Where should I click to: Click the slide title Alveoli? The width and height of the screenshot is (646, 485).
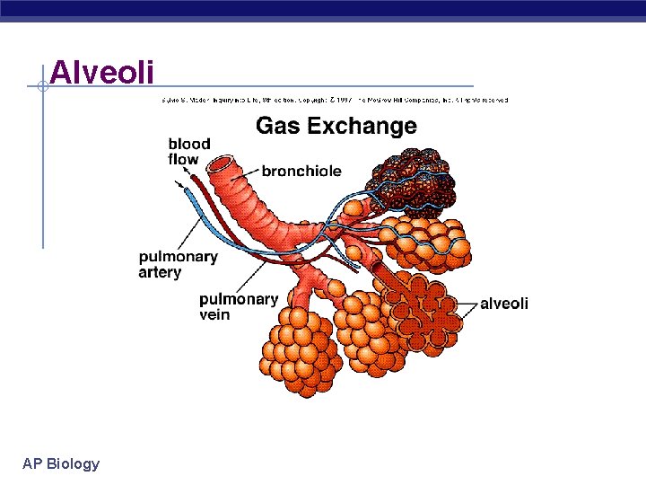[x=102, y=72]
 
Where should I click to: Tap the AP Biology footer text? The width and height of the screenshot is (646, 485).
[x=61, y=463]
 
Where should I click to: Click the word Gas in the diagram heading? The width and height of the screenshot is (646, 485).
[x=277, y=126]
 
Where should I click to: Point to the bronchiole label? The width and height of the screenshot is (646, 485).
[x=301, y=170]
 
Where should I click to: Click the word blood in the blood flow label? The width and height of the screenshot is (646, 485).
[x=188, y=144]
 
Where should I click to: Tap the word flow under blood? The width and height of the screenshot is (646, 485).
[x=183, y=160]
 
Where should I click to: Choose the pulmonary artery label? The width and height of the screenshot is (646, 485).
[x=178, y=264]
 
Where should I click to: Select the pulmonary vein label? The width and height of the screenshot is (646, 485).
[x=239, y=306]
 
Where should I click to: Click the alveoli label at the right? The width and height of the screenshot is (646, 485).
[x=504, y=304]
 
